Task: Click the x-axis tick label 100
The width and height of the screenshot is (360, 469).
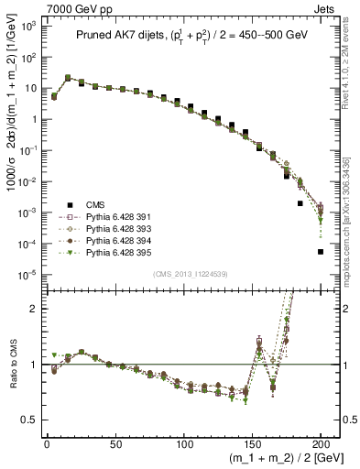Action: click(184, 443)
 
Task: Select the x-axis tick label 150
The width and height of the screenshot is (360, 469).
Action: click(253, 443)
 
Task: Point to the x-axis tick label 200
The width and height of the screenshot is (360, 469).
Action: click(321, 443)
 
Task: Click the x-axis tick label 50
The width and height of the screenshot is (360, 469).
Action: click(115, 443)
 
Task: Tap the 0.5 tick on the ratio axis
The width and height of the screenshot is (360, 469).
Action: click(31, 420)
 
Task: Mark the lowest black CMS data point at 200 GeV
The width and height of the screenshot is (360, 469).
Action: click(321, 252)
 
